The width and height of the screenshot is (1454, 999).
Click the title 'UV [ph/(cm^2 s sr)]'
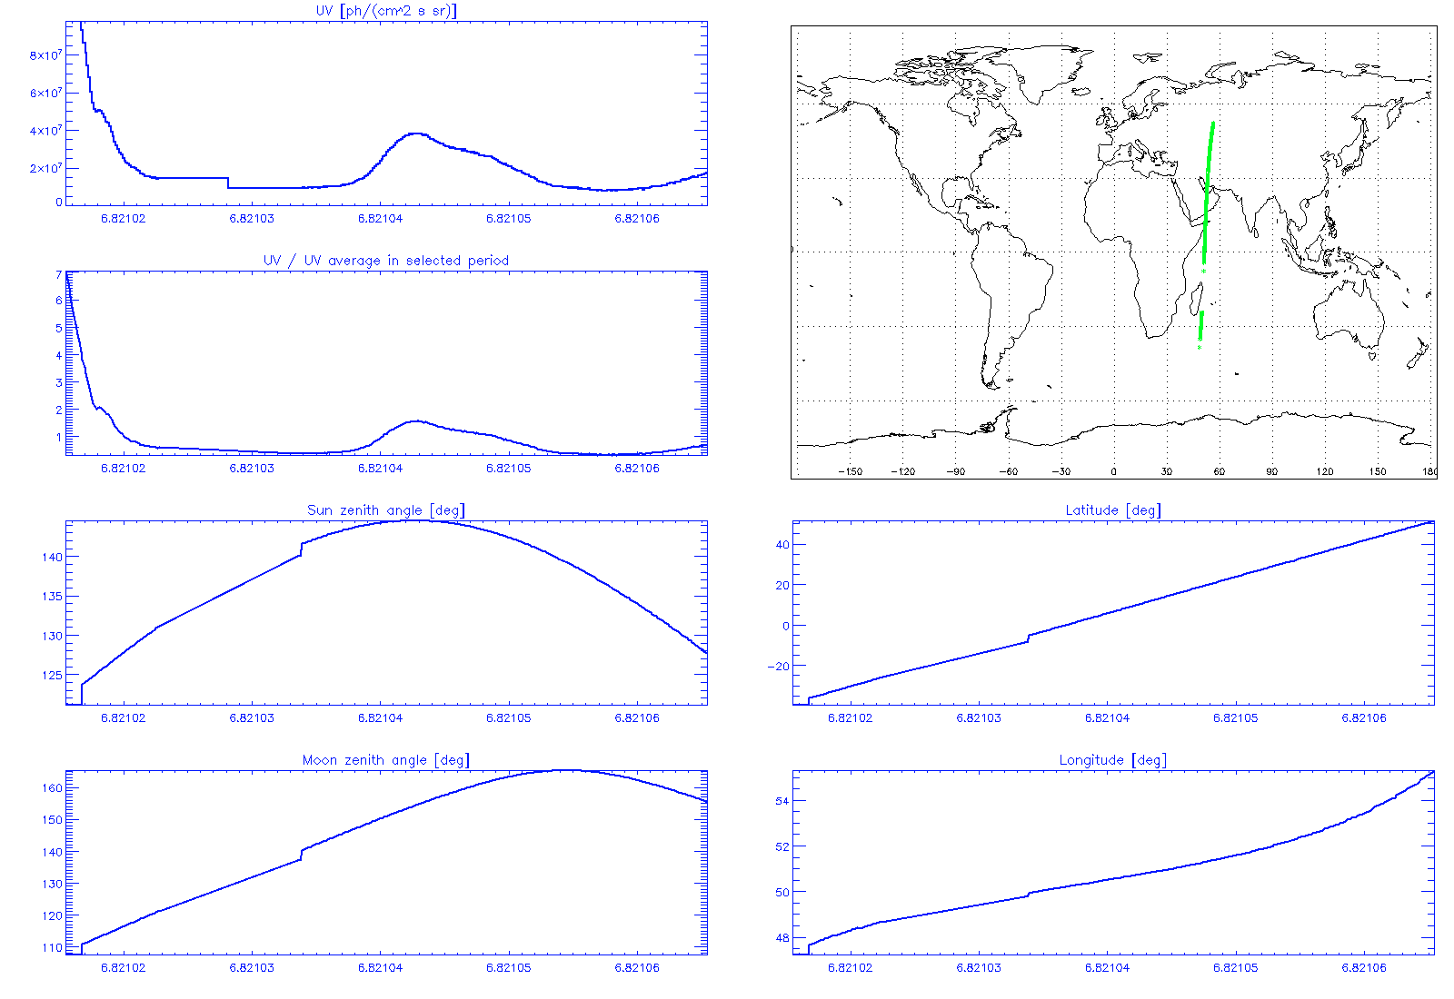pyautogui.click(x=386, y=11)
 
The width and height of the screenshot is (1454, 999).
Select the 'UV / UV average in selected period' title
pyautogui.click(x=386, y=261)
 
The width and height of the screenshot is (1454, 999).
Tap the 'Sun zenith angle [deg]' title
pyautogui.click(x=386, y=510)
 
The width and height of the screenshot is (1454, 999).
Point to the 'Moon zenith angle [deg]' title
pyautogui.click(x=386, y=760)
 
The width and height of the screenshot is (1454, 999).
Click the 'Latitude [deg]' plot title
pyautogui.click(x=1113, y=510)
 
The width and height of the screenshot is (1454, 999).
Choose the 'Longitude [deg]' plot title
pyautogui.click(x=1113, y=760)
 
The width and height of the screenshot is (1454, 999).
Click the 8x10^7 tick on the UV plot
pyautogui.click(x=46, y=55)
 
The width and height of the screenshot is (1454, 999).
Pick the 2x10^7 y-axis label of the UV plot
pyautogui.click(x=46, y=168)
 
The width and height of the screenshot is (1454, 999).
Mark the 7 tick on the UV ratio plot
pyautogui.click(x=59, y=274)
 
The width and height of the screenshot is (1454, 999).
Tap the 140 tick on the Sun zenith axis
pyautogui.click(x=53, y=558)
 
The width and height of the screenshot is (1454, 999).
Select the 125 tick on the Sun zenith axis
pyautogui.click(x=53, y=676)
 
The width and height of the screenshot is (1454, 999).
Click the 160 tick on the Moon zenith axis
pyautogui.click(x=53, y=788)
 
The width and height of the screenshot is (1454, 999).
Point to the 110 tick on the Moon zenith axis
pyautogui.click(x=53, y=948)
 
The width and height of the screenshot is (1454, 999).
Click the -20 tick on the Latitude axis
pyautogui.click(x=779, y=667)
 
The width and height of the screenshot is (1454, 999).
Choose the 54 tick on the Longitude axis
pyautogui.click(x=782, y=801)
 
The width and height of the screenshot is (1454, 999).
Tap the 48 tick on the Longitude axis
pyautogui.click(x=782, y=938)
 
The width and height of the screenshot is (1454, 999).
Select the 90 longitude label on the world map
pyautogui.click(x=1271, y=472)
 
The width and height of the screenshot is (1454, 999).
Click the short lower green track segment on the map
pyautogui.click(x=1200, y=326)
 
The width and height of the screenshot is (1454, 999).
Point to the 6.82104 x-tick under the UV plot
pyautogui.click(x=380, y=219)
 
